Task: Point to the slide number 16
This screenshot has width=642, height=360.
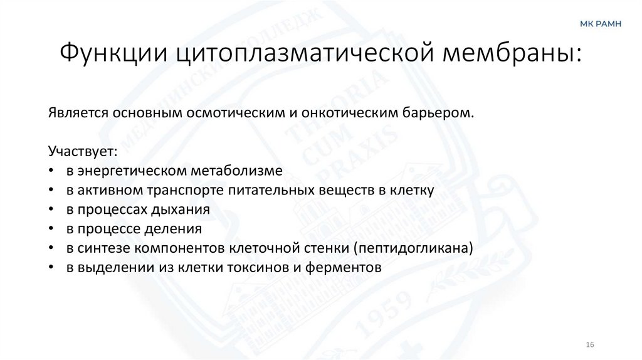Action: coord(589,345)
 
